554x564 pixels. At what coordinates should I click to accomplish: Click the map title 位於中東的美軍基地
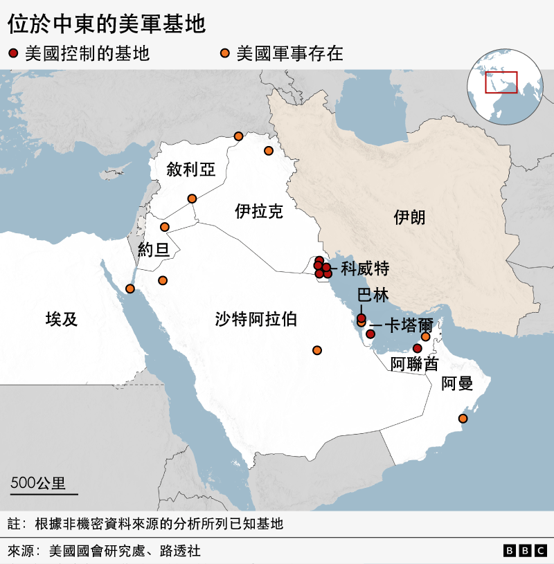107,25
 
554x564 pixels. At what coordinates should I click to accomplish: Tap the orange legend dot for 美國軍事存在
224,53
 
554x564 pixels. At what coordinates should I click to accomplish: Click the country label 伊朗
409,217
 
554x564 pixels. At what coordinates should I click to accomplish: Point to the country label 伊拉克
259,211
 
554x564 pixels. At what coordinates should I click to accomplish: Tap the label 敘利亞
190,170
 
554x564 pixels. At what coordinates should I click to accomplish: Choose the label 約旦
154,250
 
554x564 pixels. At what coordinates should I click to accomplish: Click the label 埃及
62,319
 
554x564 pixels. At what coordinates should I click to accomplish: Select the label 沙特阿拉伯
256,319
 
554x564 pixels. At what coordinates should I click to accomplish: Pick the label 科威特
365,269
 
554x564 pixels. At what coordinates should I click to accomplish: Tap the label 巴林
373,295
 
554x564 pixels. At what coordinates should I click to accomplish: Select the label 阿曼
458,383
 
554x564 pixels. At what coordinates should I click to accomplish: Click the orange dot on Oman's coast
463,418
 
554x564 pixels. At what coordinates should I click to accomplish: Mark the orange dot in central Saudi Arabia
317,350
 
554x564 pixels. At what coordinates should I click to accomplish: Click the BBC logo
524,550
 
